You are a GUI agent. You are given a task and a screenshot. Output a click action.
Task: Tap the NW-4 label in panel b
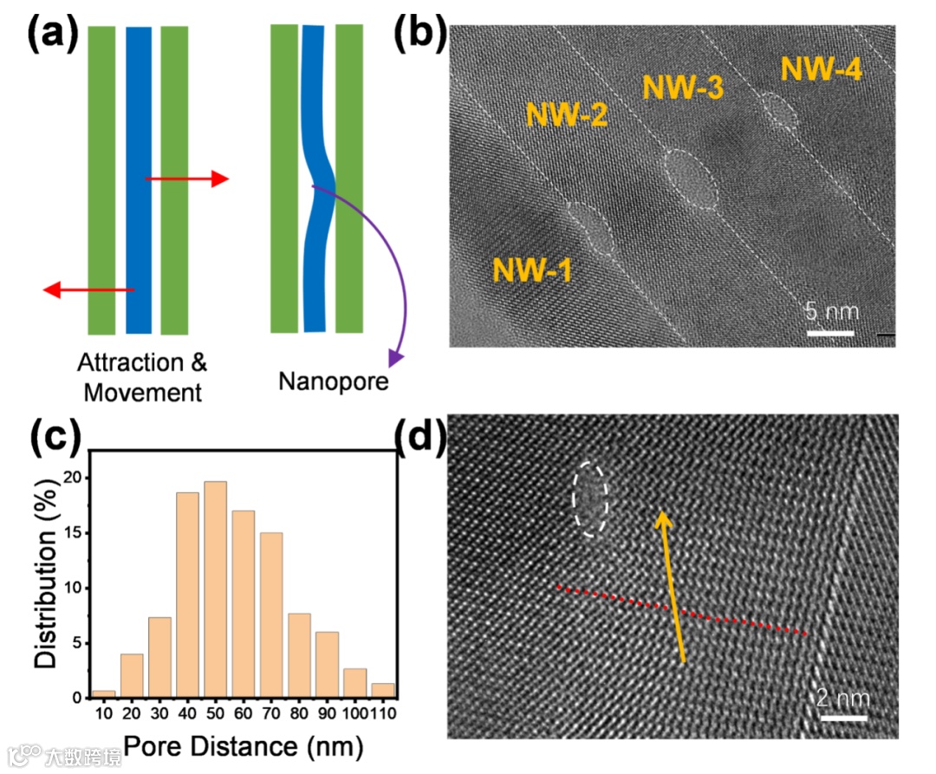click(x=821, y=68)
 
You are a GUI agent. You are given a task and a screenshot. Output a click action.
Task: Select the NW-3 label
click(x=682, y=88)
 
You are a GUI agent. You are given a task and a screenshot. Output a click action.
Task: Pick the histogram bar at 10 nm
click(x=104, y=693)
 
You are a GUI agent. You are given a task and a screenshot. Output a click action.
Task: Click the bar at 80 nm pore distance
click(x=297, y=655)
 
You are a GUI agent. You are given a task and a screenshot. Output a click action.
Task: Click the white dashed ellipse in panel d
click(x=590, y=498)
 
